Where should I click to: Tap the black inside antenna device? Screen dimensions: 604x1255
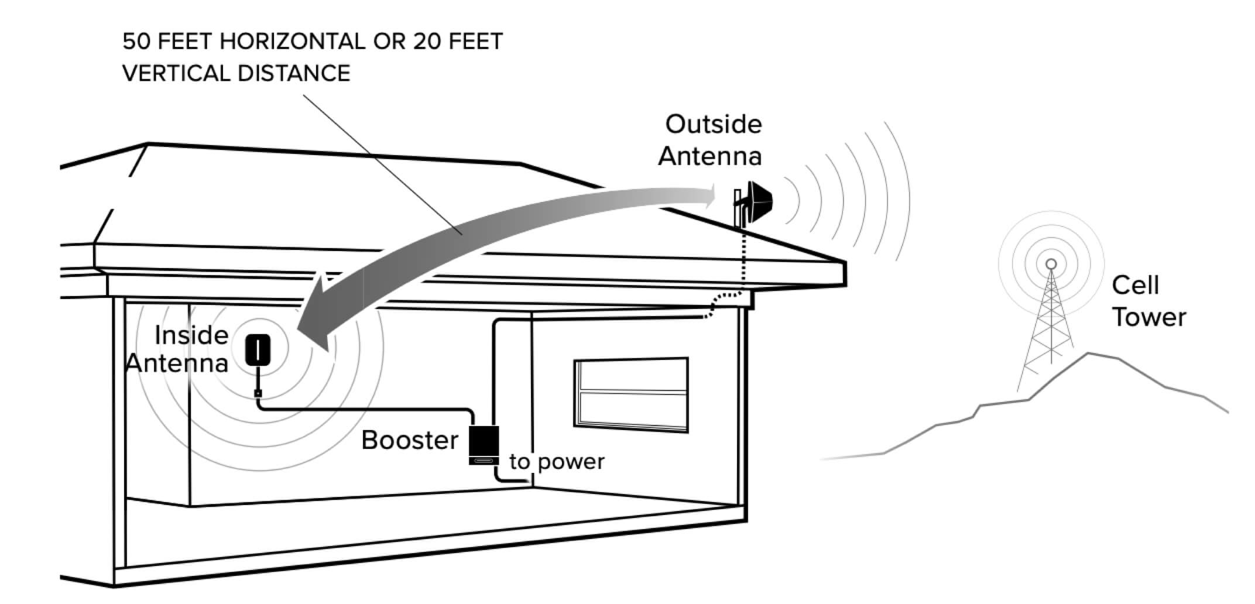pyautogui.click(x=258, y=349)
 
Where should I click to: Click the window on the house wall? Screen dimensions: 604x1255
pyautogui.click(x=631, y=394)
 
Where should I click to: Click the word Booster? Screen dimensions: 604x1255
pyautogui.click(x=410, y=440)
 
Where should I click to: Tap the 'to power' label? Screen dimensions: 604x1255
pyautogui.click(x=557, y=462)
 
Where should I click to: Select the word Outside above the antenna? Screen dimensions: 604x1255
pyautogui.click(x=714, y=124)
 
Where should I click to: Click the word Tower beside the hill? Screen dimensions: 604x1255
pyautogui.click(x=1148, y=317)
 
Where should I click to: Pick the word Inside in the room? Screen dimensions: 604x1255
pyautogui.click(x=191, y=335)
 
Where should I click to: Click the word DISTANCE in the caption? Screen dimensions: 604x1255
pyautogui.click(x=294, y=73)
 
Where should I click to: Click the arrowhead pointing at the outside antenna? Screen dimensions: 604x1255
pyautogui.click(x=709, y=197)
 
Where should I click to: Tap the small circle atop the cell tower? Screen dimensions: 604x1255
pyautogui.click(x=1051, y=265)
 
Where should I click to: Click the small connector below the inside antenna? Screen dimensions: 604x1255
pyautogui.click(x=258, y=393)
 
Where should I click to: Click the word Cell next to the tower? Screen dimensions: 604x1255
pyautogui.click(x=1135, y=286)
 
